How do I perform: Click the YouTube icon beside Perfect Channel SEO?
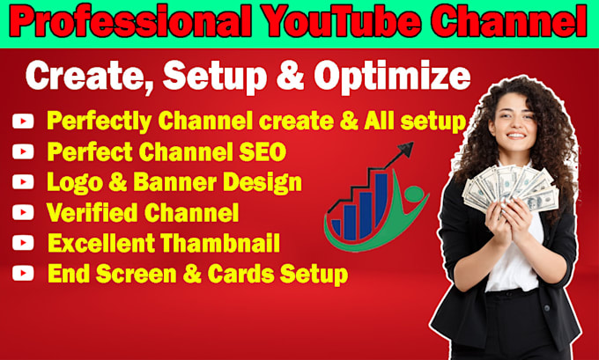click(x=23, y=152)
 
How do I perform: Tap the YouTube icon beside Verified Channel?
click(x=23, y=213)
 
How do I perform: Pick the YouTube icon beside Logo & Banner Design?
click(x=23, y=183)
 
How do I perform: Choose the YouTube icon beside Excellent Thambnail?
click(x=23, y=244)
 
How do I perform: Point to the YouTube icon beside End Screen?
click(x=23, y=274)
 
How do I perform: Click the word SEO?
click(x=258, y=152)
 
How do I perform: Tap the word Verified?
click(x=88, y=213)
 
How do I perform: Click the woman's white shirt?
click(x=521, y=264)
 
